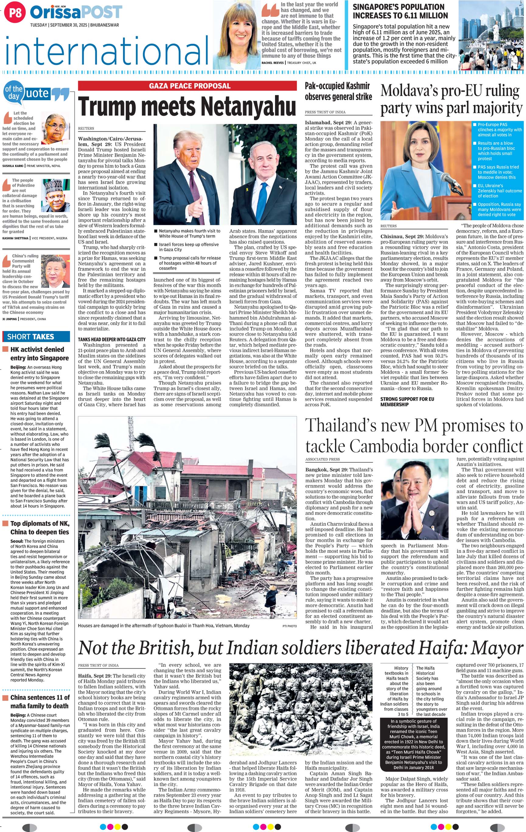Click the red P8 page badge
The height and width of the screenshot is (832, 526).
tap(15, 13)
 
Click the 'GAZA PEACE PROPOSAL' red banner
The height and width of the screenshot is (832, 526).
tap(187, 86)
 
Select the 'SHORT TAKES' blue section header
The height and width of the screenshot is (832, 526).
tap(36, 337)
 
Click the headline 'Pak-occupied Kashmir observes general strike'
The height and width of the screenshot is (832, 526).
tap(338, 92)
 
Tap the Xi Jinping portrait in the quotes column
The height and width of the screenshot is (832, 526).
tap(55, 271)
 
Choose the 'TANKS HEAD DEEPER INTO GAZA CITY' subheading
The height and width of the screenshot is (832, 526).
tap(112, 339)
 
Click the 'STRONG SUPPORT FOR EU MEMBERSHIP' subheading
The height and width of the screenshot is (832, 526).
tap(407, 401)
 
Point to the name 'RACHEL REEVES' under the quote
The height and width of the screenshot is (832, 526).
tap(273, 63)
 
